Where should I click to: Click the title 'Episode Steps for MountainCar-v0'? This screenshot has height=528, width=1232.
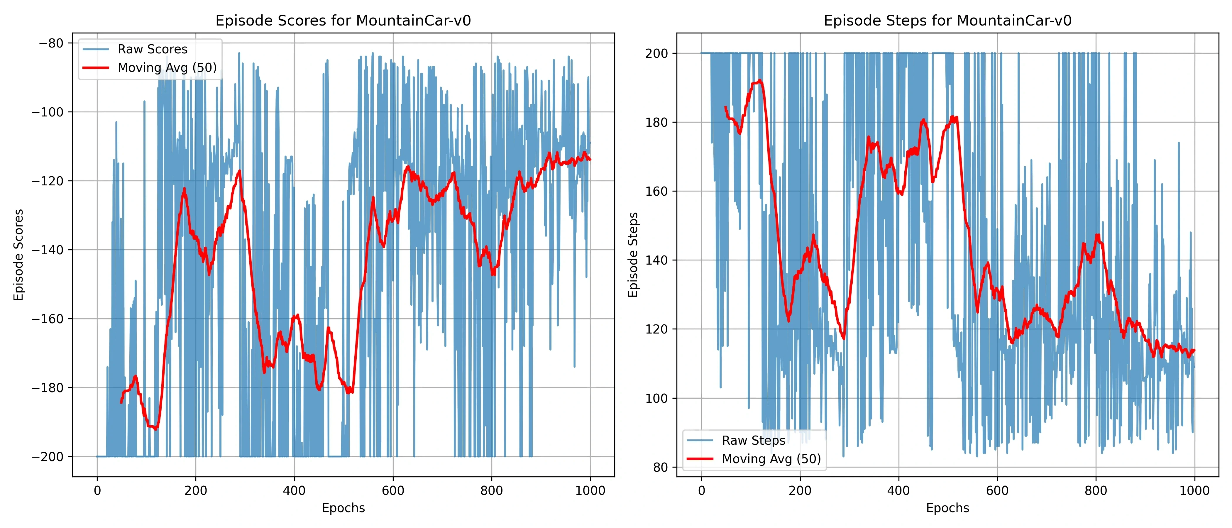pyautogui.click(x=947, y=21)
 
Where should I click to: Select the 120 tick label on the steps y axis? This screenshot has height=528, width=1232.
pyautogui.click(x=657, y=329)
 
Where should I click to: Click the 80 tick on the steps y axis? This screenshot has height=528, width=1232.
pyautogui.click(x=661, y=467)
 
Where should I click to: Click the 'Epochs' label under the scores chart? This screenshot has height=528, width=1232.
pyautogui.click(x=343, y=508)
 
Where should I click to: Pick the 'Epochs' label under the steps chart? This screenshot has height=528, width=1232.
pyautogui.click(x=947, y=508)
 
